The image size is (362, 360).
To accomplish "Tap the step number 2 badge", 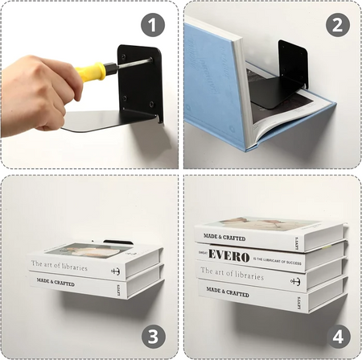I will click(x=337, y=24).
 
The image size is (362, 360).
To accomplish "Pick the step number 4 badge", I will click(x=337, y=335).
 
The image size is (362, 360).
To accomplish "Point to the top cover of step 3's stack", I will click(x=88, y=250).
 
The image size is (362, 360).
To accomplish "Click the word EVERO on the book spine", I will click(x=228, y=256).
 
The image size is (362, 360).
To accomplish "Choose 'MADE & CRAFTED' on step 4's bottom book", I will click(x=228, y=291).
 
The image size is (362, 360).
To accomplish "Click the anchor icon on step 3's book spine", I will click(x=115, y=271).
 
